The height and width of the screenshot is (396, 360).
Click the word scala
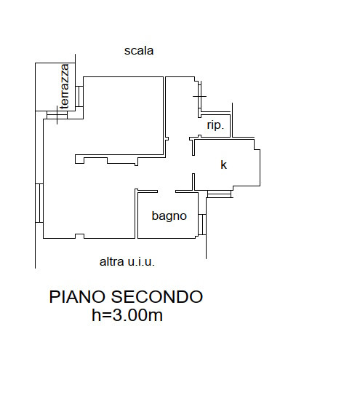(x=139, y=51)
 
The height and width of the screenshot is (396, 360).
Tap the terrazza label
(x=65, y=86)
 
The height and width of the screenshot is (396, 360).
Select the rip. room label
(x=215, y=125)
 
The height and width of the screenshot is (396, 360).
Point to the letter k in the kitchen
(x=223, y=165)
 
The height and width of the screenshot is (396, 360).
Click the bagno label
(x=169, y=216)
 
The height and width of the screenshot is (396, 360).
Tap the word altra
(x=112, y=261)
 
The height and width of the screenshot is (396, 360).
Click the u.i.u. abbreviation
(x=141, y=262)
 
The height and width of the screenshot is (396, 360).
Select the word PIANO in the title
(x=77, y=297)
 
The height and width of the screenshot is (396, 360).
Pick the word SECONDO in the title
(x=157, y=297)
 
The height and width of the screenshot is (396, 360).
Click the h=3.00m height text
(x=127, y=315)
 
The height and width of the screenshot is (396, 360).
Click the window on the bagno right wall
(x=202, y=224)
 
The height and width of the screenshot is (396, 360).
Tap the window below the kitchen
(x=219, y=194)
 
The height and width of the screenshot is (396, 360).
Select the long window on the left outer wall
(x=39, y=203)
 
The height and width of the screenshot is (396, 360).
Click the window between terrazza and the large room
(x=79, y=97)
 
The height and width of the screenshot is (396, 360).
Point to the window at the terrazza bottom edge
(x=57, y=115)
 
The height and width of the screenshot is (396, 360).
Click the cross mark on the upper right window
(x=199, y=96)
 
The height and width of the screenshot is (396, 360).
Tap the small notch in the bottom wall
(x=80, y=236)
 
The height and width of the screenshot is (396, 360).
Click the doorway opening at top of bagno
(x=167, y=191)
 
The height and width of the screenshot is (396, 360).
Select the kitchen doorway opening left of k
(x=193, y=165)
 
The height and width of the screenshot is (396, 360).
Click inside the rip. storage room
(x=216, y=126)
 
